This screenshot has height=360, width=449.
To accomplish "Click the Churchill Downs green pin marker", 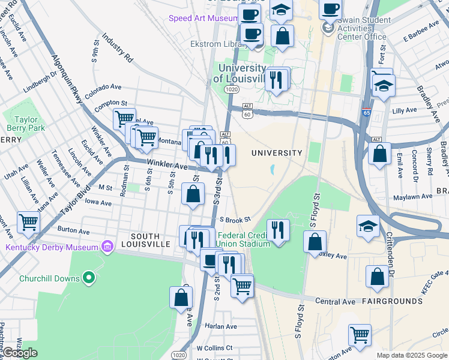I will click(89, 277).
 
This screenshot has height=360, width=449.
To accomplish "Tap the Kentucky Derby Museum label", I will click(51, 247).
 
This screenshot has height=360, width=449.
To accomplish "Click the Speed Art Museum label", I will click(203, 19).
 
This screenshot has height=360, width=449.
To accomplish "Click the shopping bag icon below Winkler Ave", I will click(193, 194).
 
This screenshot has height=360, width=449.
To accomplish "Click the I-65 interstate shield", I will click(367, 112).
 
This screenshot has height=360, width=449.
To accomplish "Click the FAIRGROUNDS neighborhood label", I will click(387, 301).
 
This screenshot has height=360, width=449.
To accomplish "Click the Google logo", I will click(19, 353).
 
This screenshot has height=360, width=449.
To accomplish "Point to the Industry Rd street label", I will click(117, 49).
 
